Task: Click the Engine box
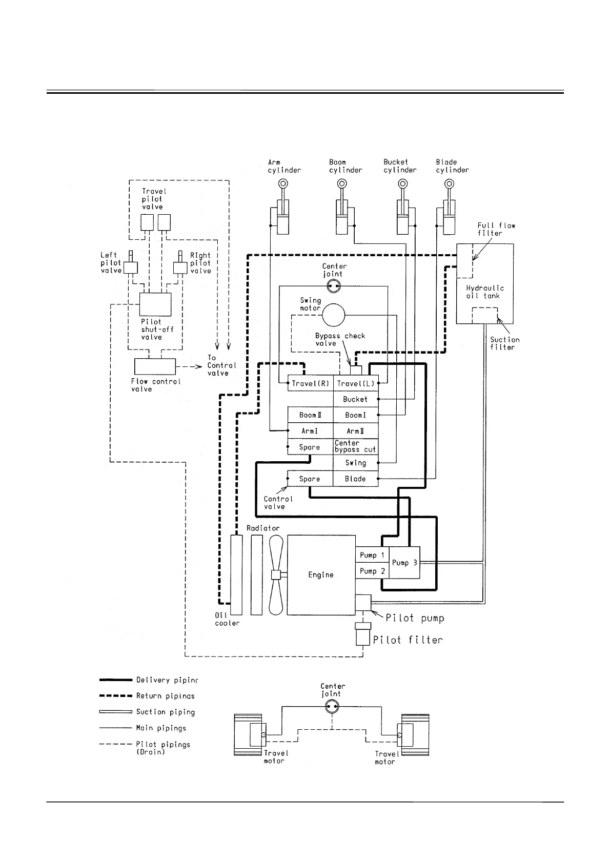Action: coord(321,575)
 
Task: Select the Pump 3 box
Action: coord(404,562)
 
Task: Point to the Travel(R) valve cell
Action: coord(310,383)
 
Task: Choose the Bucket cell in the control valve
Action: coord(355,399)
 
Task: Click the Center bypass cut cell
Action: coord(355,446)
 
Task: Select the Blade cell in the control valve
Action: coord(355,479)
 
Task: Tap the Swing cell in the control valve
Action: coord(355,463)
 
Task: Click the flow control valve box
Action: coord(155,367)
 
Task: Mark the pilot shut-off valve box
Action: coord(156,304)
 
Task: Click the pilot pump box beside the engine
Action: coord(363,603)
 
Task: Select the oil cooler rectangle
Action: coord(236,574)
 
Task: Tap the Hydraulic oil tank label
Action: coord(484,292)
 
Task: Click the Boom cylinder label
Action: coord(345,166)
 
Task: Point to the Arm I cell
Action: coord(310,431)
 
